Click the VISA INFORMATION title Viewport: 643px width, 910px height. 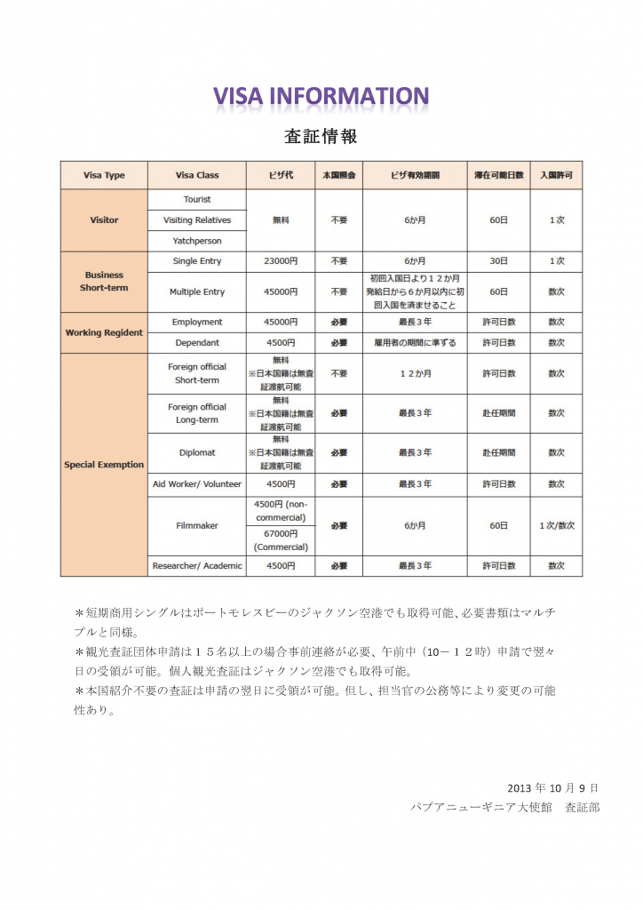321,96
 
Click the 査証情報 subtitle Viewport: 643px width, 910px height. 321,137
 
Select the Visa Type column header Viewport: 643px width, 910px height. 104,175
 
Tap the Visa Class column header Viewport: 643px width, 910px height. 197,175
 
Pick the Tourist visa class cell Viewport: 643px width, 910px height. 197,199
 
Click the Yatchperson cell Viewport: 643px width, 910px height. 197,241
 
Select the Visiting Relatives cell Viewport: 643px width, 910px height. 197,220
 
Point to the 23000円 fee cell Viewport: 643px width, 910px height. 281,261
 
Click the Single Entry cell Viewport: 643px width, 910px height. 197,261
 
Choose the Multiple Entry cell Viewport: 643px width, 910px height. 197,291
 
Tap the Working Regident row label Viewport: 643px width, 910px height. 104,332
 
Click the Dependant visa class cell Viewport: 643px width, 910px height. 197,342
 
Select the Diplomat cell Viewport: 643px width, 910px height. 197,452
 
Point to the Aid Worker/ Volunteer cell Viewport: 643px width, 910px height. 197,484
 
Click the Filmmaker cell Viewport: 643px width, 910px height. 197,525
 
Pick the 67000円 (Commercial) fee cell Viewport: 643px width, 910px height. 281,540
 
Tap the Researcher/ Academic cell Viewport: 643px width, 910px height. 197,565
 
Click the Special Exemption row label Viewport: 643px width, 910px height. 104,464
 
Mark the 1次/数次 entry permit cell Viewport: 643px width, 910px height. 557,525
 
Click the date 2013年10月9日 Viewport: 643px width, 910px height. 553,787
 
